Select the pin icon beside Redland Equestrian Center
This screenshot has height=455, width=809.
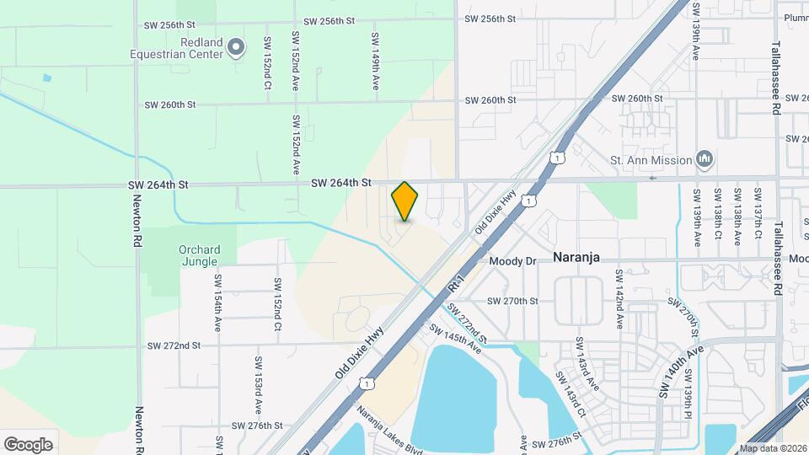[x=236, y=47]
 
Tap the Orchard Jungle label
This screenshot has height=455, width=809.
[x=200, y=256]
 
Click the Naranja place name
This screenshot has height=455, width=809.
[x=576, y=259]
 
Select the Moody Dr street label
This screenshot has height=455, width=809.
[x=512, y=261]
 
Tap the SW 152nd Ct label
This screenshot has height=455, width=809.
[x=267, y=63]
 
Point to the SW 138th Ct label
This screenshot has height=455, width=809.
[x=717, y=217]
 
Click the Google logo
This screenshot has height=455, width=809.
[x=28, y=444]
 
